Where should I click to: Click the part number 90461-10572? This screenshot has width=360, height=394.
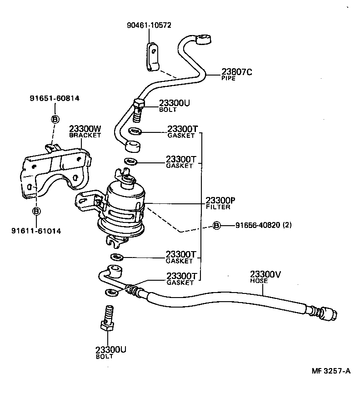[x=149, y=25]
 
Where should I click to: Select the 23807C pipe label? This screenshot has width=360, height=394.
[x=237, y=72]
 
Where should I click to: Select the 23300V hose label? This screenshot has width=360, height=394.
[x=266, y=274]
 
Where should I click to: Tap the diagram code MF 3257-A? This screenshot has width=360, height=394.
[x=331, y=371]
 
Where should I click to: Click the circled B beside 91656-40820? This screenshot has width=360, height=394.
[x=217, y=225]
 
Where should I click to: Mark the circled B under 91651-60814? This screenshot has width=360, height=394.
[x=55, y=119]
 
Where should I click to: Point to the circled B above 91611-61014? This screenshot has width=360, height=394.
[x=36, y=211]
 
